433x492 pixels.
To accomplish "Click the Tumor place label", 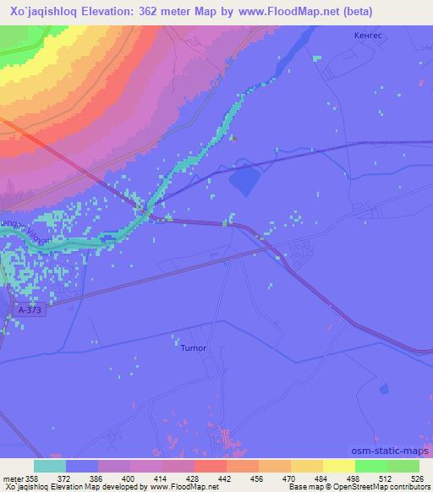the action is click(194, 347).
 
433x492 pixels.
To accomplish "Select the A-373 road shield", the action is click(29, 311).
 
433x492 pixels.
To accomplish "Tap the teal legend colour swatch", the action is click(50, 466).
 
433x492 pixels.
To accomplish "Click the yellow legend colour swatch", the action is click(339, 466).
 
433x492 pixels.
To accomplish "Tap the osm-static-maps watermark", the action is click(390, 451).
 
